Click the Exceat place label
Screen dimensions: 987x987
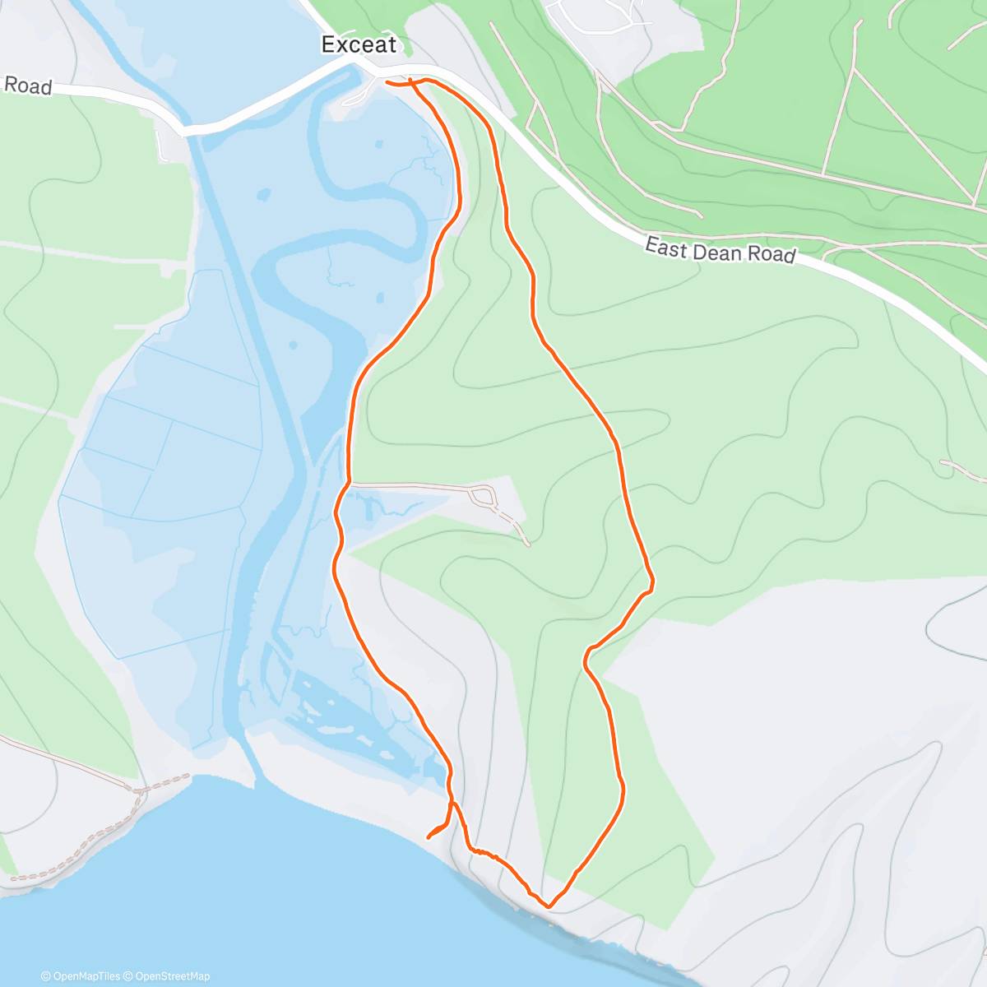(359, 44)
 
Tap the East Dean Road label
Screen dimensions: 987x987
(720, 250)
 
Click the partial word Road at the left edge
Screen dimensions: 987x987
(28, 86)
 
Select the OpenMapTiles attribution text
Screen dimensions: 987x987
(80, 976)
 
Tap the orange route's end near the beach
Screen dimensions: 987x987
(429, 837)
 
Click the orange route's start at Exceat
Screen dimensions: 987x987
(387, 81)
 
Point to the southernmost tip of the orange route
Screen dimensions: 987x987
(549, 906)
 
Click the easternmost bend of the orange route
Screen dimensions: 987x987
(652, 583)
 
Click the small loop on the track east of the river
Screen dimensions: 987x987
(482, 496)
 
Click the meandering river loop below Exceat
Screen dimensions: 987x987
(362, 197)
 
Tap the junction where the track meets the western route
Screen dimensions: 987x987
(349, 484)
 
